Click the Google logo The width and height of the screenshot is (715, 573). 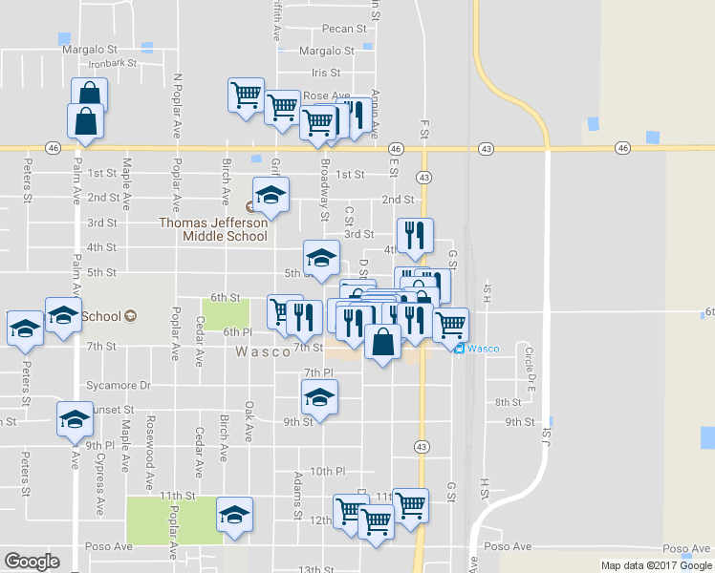[x=32, y=561]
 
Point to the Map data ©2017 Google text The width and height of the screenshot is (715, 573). [x=656, y=565]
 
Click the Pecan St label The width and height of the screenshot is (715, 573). [x=345, y=30]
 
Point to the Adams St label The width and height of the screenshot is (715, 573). [x=298, y=489]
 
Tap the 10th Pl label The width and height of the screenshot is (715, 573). [x=326, y=471]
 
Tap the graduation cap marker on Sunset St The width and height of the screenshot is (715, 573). [x=75, y=418]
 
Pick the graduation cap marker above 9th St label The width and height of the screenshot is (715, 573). [x=319, y=396]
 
